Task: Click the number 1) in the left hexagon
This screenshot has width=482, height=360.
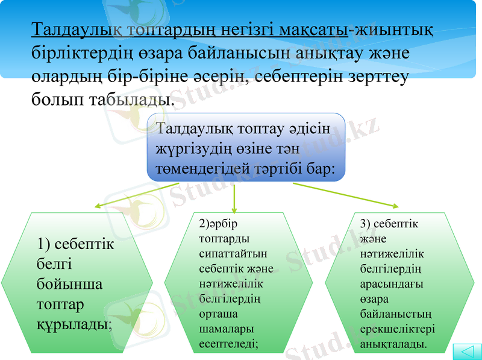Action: coord(43,245)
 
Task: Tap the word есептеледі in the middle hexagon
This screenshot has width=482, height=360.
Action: coord(228,344)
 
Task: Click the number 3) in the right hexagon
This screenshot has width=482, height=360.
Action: coord(365,224)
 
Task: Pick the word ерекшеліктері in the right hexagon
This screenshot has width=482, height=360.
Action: coord(397,329)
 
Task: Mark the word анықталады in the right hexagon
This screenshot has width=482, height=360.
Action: coord(392,344)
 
